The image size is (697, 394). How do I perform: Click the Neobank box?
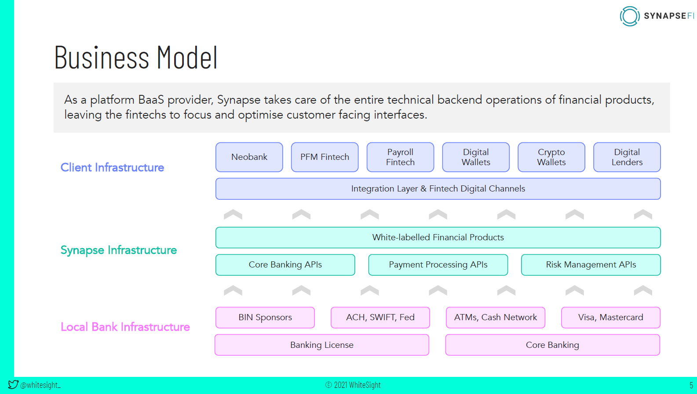coord(249,157)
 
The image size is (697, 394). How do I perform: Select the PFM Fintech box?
coord(325,157)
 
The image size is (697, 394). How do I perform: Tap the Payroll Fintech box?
coord(400,157)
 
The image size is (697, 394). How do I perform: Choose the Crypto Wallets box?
coord(551,157)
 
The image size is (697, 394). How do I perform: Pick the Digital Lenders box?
coord(627,157)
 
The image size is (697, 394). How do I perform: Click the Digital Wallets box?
coord(476,157)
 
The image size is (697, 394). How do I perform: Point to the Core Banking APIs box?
coord(285,265)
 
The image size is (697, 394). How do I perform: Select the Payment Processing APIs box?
coord(438,265)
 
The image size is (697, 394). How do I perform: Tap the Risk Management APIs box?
coord(591,265)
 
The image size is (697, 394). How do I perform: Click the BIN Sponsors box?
coord(265,318)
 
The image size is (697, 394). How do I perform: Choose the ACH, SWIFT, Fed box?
coord(380,318)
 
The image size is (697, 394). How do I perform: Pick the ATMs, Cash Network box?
coord(495,318)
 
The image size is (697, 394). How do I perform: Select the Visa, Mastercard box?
coord(610,318)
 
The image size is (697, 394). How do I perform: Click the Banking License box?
coord(321,345)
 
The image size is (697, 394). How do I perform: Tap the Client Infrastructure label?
coord(112,168)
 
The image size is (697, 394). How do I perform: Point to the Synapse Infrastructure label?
coord(119,250)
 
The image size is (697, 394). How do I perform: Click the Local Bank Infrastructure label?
coord(125,327)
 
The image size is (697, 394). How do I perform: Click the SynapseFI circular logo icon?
coord(629,16)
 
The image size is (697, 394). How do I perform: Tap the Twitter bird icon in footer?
coord(13,385)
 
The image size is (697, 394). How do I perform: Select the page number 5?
coord(691,385)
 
